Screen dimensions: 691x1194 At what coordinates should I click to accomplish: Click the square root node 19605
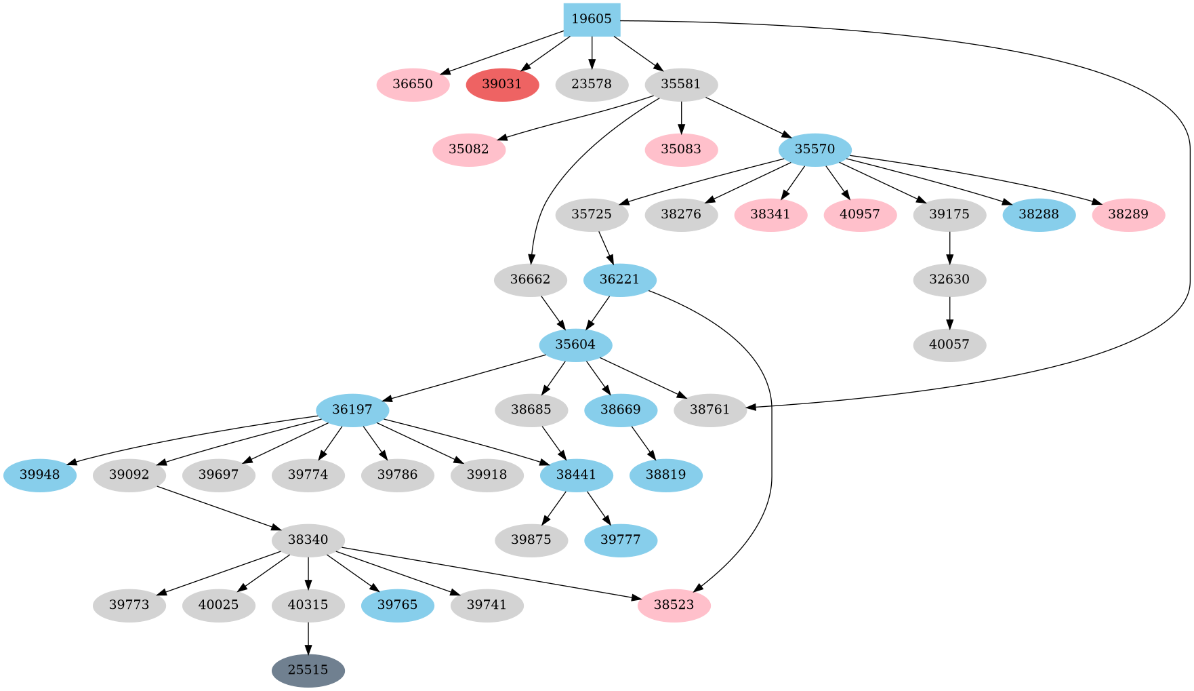click(592, 19)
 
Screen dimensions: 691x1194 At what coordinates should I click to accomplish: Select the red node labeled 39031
click(502, 84)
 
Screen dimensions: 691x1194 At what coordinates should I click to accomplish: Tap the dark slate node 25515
click(308, 670)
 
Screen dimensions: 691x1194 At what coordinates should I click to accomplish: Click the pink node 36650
click(413, 84)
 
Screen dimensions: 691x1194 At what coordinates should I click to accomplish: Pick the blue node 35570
click(815, 149)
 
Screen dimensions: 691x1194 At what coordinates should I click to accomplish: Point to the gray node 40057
click(949, 344)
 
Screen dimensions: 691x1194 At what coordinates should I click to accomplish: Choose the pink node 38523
click(674, 605)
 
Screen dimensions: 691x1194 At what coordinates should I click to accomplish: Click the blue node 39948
click(39, 475)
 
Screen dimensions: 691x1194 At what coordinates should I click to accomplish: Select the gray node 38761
click(709, 410)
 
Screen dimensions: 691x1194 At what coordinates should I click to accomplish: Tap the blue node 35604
click(575, 344)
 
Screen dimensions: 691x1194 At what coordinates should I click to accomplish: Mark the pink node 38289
click(1128, 214)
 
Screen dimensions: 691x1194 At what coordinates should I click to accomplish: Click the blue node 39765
click(398, 605)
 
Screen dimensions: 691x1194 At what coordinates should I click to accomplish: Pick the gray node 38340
click(308, 540)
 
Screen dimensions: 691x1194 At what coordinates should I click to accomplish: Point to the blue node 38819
click(666, 475)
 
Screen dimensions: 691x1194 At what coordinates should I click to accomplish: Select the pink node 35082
click(469, 149)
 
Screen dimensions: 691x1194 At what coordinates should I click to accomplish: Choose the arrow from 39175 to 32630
click(949, 247)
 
